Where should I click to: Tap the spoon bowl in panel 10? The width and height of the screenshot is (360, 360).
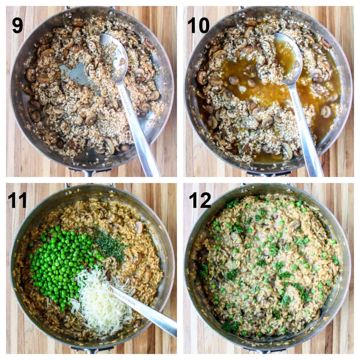pyautogui.click(x=288, y=51)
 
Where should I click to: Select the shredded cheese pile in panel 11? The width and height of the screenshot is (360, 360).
pyautogui.click(x=96, y=297)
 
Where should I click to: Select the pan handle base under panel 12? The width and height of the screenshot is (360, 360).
pyautogui.click(x=264, y=349)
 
